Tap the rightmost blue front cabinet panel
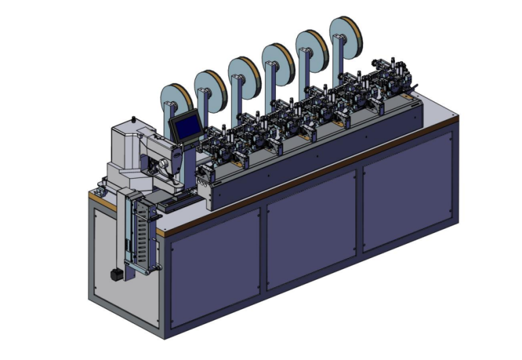(408, 191)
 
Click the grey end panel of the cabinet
(122, 258)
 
